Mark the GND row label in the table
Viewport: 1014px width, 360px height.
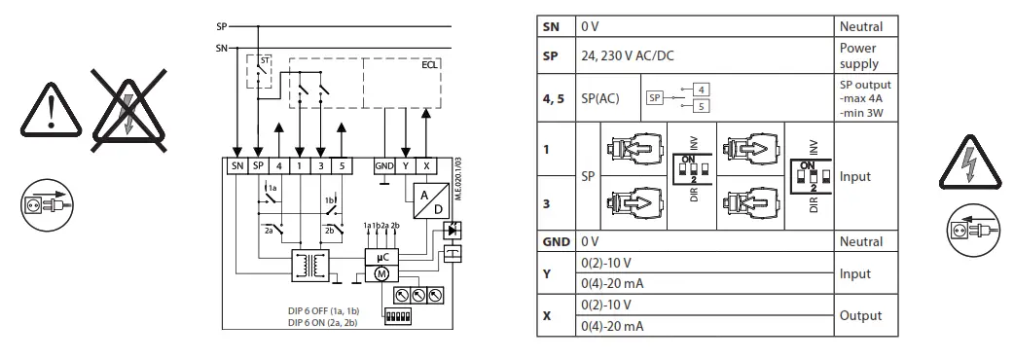click(555, 240)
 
